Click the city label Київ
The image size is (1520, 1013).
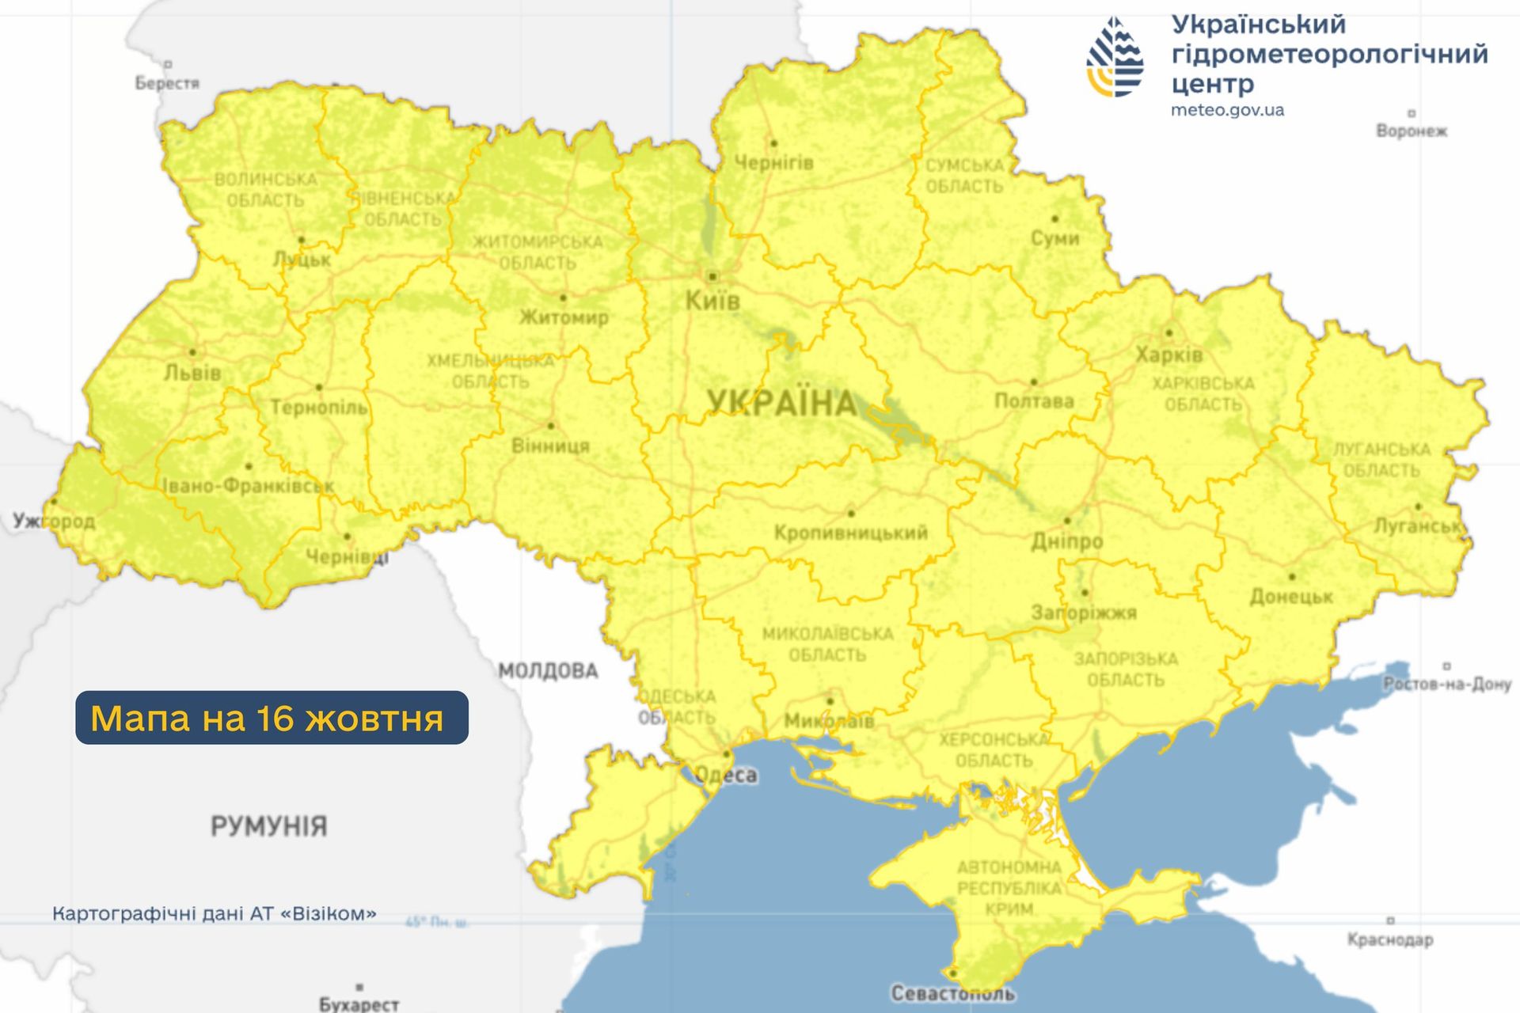(712, 301)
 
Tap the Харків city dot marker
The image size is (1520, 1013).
(1168, 333)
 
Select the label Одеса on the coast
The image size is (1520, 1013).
(726, 775)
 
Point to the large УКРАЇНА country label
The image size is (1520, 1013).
(781, 404)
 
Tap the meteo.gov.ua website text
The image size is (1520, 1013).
(1227, 110)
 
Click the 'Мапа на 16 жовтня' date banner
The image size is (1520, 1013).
(272, 718)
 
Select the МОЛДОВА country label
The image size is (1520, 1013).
(548, 671)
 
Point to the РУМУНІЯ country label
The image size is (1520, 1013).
(268, 826)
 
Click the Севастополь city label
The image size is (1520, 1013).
(952, 993)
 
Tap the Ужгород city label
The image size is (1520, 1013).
(54, 521)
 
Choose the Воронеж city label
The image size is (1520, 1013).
(1411, 131)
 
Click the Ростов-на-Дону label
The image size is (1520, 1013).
(1447, 684)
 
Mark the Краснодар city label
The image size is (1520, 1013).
(1390, 939)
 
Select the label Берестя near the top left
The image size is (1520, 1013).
(167, 83)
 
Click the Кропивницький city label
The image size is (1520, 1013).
(851, 533)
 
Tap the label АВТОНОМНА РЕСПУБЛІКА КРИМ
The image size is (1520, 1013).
(1009, 888)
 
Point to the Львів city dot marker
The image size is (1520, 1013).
(193, 352)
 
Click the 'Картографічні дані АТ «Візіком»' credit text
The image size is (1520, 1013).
(214, 913)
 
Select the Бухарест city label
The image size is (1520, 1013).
(359, 1004)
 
